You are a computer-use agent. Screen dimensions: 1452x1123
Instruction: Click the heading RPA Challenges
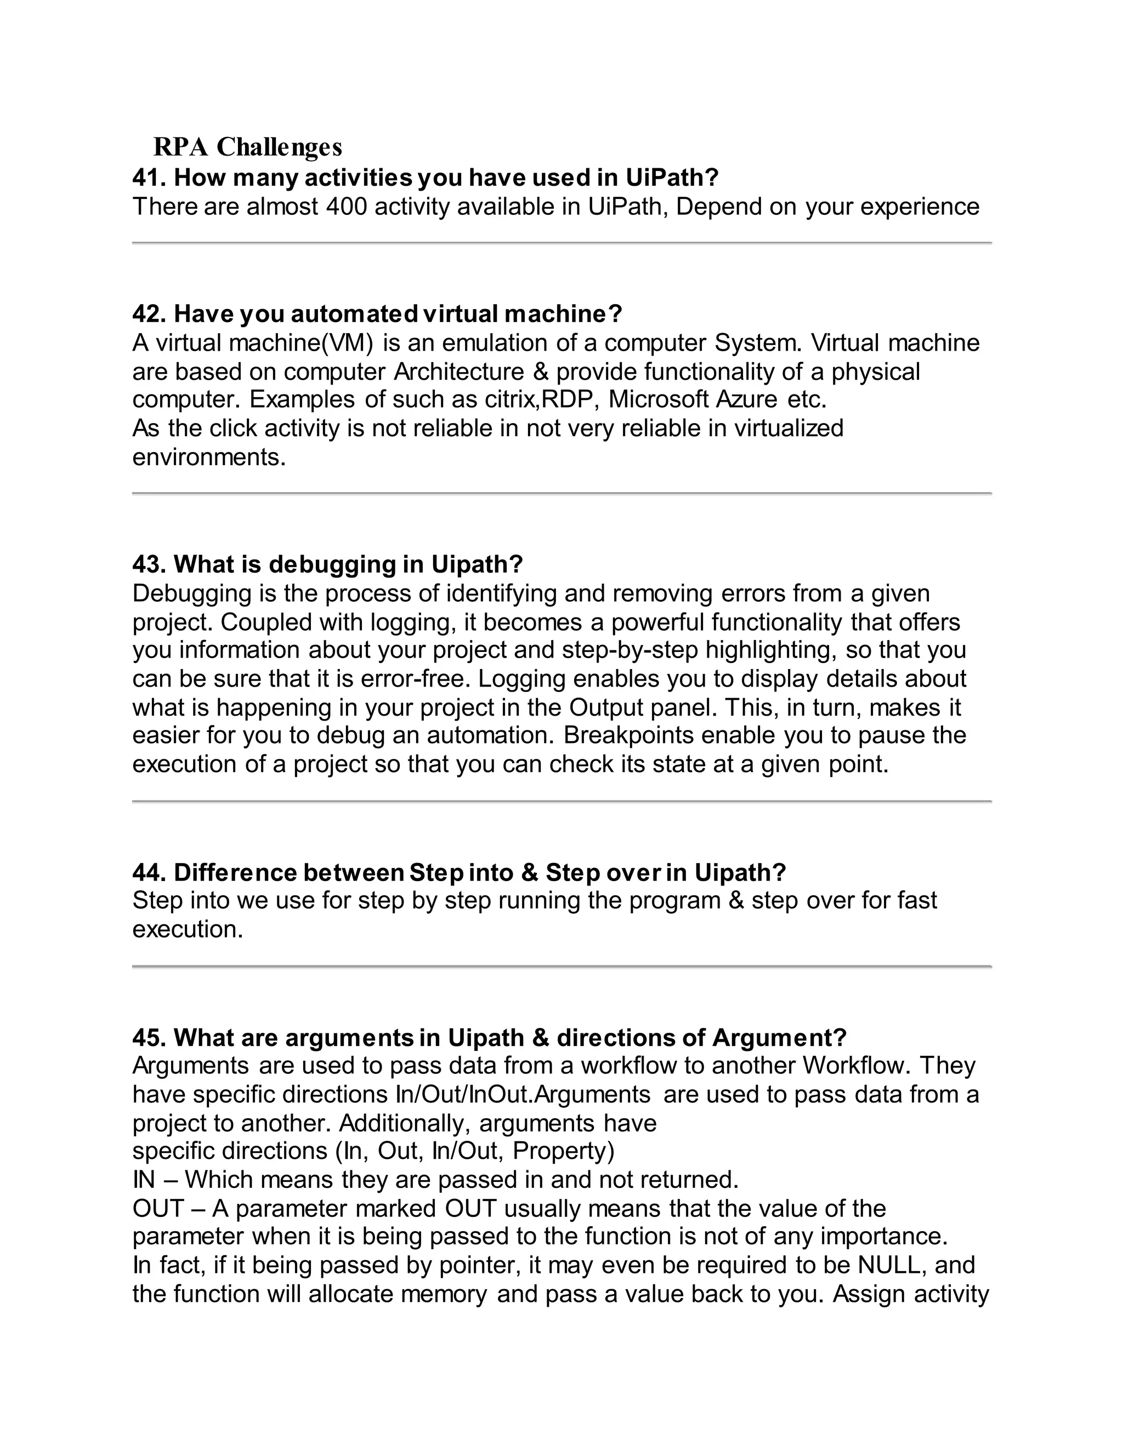(x=247, y=147)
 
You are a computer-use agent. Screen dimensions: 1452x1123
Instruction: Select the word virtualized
(x=789, y=428)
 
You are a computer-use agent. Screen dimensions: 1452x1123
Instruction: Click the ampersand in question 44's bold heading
(x=530, y=872)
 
